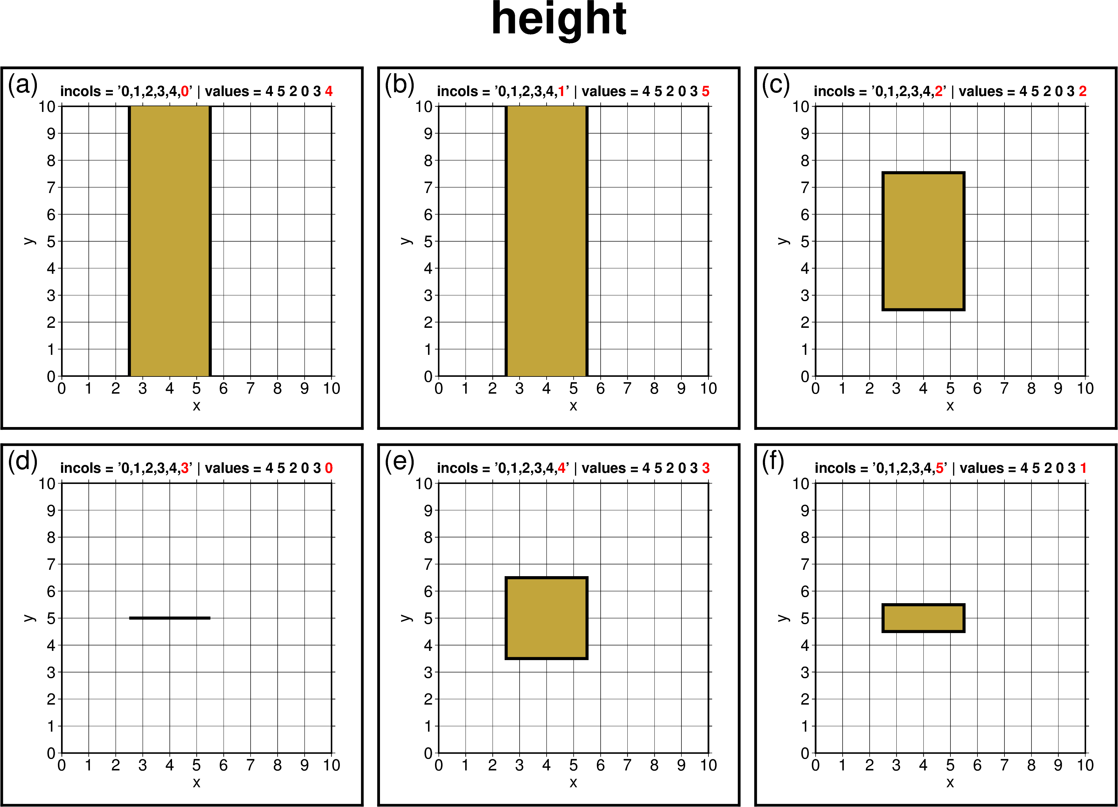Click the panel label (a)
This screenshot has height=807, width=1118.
point(23,85)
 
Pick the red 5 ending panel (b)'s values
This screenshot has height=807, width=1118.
point(705,91)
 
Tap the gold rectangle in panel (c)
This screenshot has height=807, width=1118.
point(923,241)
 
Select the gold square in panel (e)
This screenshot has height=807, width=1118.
point(546,618)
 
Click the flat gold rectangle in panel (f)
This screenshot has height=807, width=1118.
point(923,618)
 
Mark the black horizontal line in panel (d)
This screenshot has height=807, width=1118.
point(169,618)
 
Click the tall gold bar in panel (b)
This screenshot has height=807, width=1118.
point(546,241)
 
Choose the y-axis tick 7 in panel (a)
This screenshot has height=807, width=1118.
point(51,187)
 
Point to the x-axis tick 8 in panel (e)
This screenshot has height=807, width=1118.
point(654,765)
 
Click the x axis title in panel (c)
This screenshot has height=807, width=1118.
point(950,406)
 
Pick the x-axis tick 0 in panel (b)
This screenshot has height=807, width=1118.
point(438,389)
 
